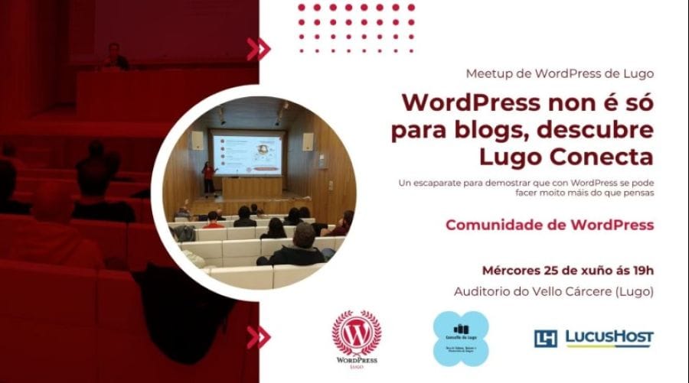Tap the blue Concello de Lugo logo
coord(460,336)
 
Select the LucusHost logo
coord(594,338)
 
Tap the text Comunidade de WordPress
coord(550,225)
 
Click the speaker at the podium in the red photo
coord(115,57)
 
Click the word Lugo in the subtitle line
coord(638,74)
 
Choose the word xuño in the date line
coord(593,271)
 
